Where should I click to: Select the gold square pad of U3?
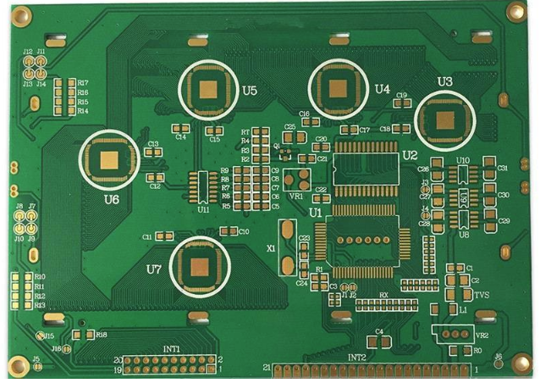pos(445,119)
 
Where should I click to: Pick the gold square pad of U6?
pos(111,160)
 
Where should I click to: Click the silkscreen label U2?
pos(411,155)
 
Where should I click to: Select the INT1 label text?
pos(172,349)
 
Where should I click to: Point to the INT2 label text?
pos(357,358)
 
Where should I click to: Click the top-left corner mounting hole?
pos(20,14)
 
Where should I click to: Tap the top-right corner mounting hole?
pos(515,12)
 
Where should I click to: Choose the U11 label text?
pos(203,208)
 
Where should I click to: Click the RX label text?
pos(383,295)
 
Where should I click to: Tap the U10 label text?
pos(463,160)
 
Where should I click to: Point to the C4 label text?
pos(379,331)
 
